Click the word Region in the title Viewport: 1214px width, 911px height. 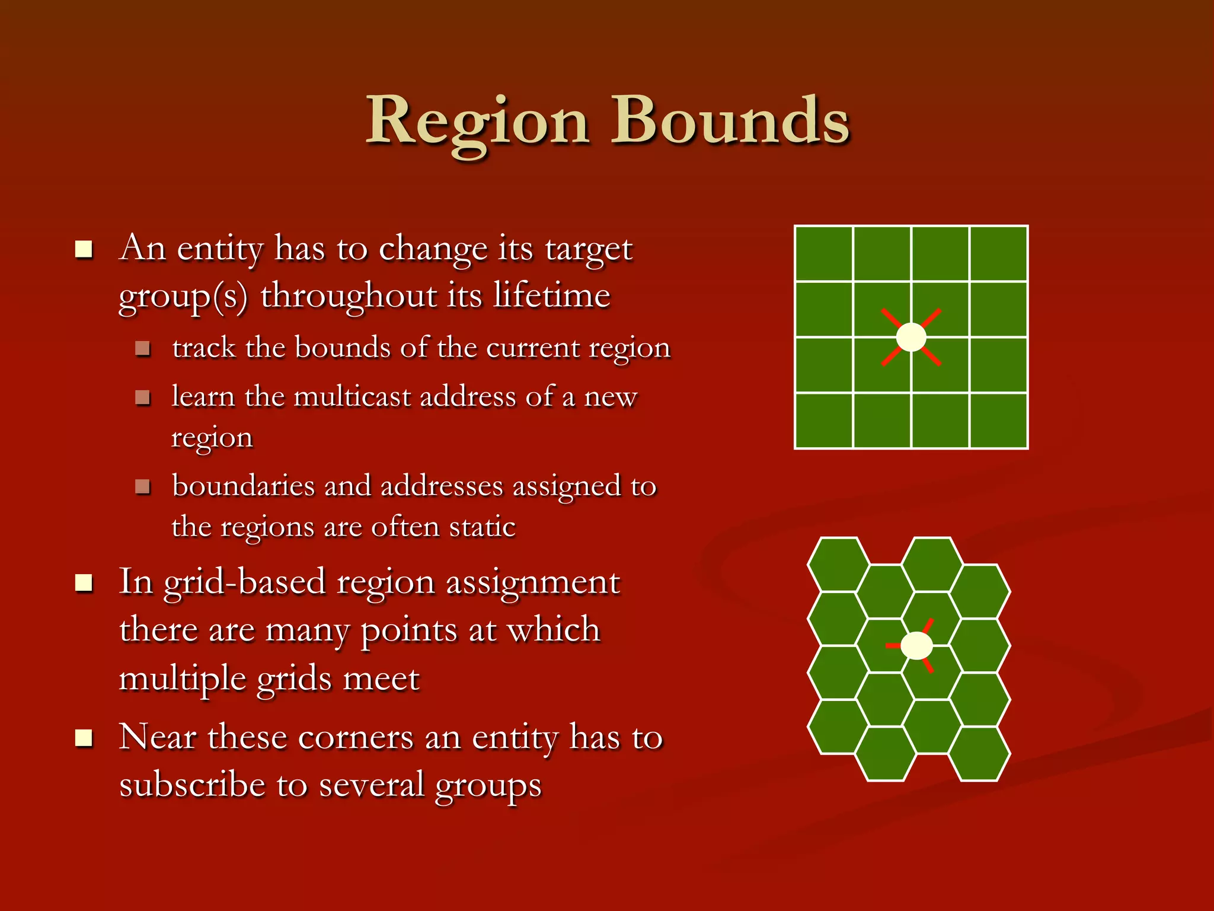[477, 122]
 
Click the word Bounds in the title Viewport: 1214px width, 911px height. [730, 122]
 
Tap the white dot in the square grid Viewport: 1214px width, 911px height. [911, 337]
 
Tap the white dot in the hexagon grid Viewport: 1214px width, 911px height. [916, 645]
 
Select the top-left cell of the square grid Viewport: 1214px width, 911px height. [824, 253]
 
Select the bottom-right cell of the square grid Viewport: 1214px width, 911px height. [999, 421]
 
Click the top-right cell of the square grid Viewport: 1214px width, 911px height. [999, 253]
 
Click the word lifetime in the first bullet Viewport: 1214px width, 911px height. [551, 295]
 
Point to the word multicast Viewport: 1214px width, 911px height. [352, 396]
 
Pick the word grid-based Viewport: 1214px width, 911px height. [244, 582]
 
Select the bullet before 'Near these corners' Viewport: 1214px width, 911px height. [84, 738]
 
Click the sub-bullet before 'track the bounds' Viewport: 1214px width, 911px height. [142, 348]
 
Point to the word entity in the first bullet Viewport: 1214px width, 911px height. [220, 248]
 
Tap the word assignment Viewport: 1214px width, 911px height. [532, 582]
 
